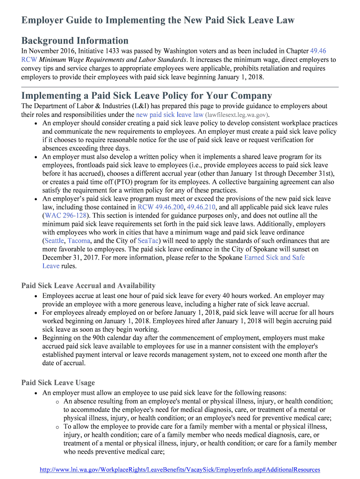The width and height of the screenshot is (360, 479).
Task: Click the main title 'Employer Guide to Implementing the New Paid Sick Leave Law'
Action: pos(158,20)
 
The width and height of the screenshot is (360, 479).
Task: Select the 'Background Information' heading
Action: pos(75,41)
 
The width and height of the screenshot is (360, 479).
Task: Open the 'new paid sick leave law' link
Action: pos(169,115)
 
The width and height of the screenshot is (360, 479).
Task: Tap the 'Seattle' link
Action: pos(54,241)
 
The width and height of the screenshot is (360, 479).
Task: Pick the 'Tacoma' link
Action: pos(79,241)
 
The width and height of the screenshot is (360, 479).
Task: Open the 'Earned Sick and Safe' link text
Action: pos(274,258)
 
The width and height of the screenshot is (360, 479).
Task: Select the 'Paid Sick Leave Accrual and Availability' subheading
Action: pos(88,286)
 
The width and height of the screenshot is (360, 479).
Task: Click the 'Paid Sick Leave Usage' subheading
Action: pos(58,383)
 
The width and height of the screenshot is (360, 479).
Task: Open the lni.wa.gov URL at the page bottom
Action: pos(180,470)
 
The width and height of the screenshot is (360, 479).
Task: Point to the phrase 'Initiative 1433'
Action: pos(105,51)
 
